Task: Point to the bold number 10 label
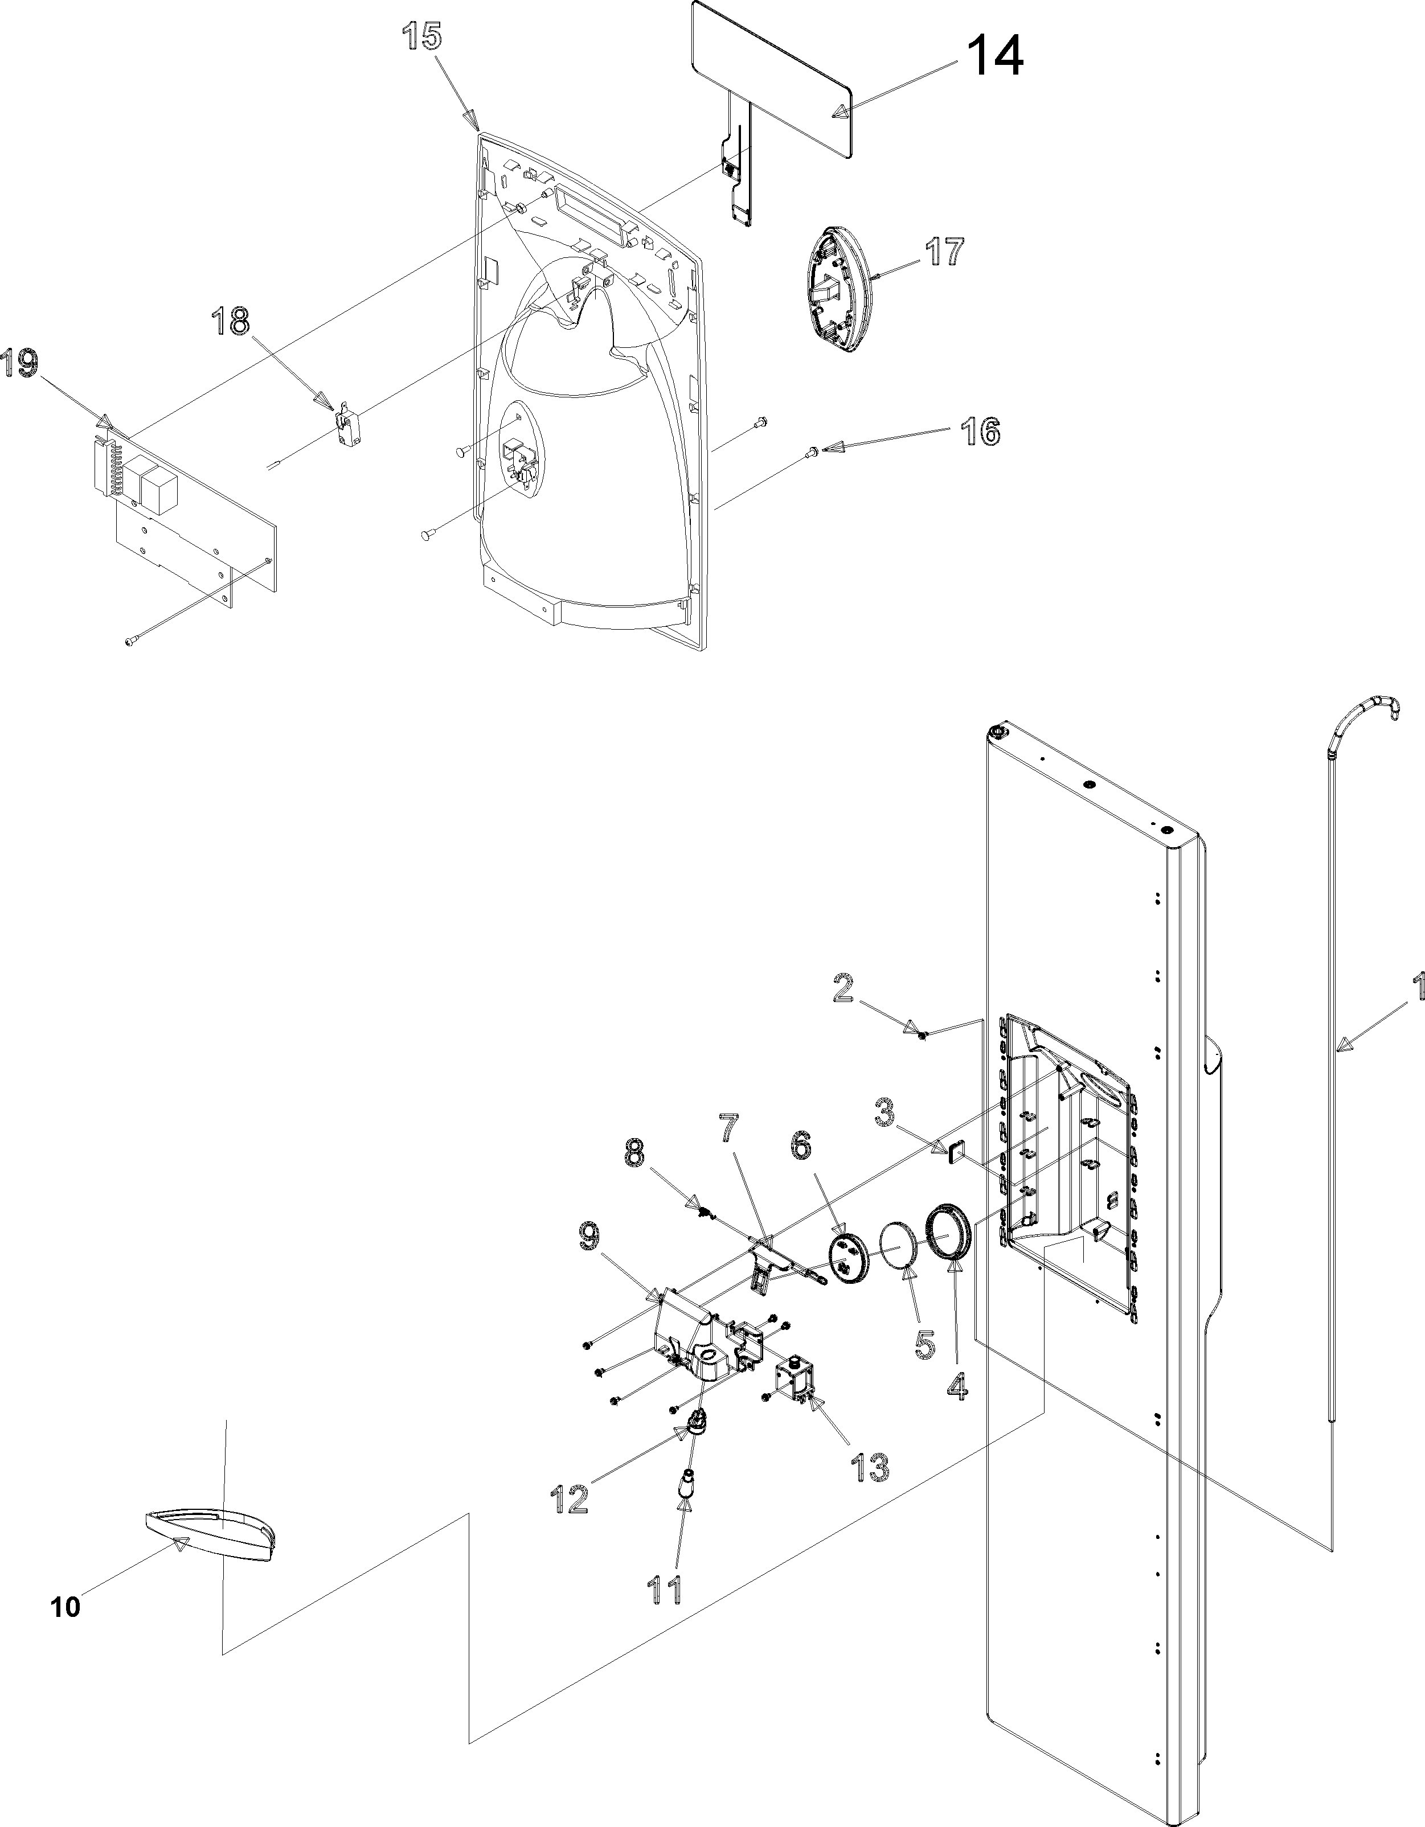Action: pos(65,1607)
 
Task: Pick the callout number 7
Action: pos(730,1130)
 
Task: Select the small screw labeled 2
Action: pos(922,1036)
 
